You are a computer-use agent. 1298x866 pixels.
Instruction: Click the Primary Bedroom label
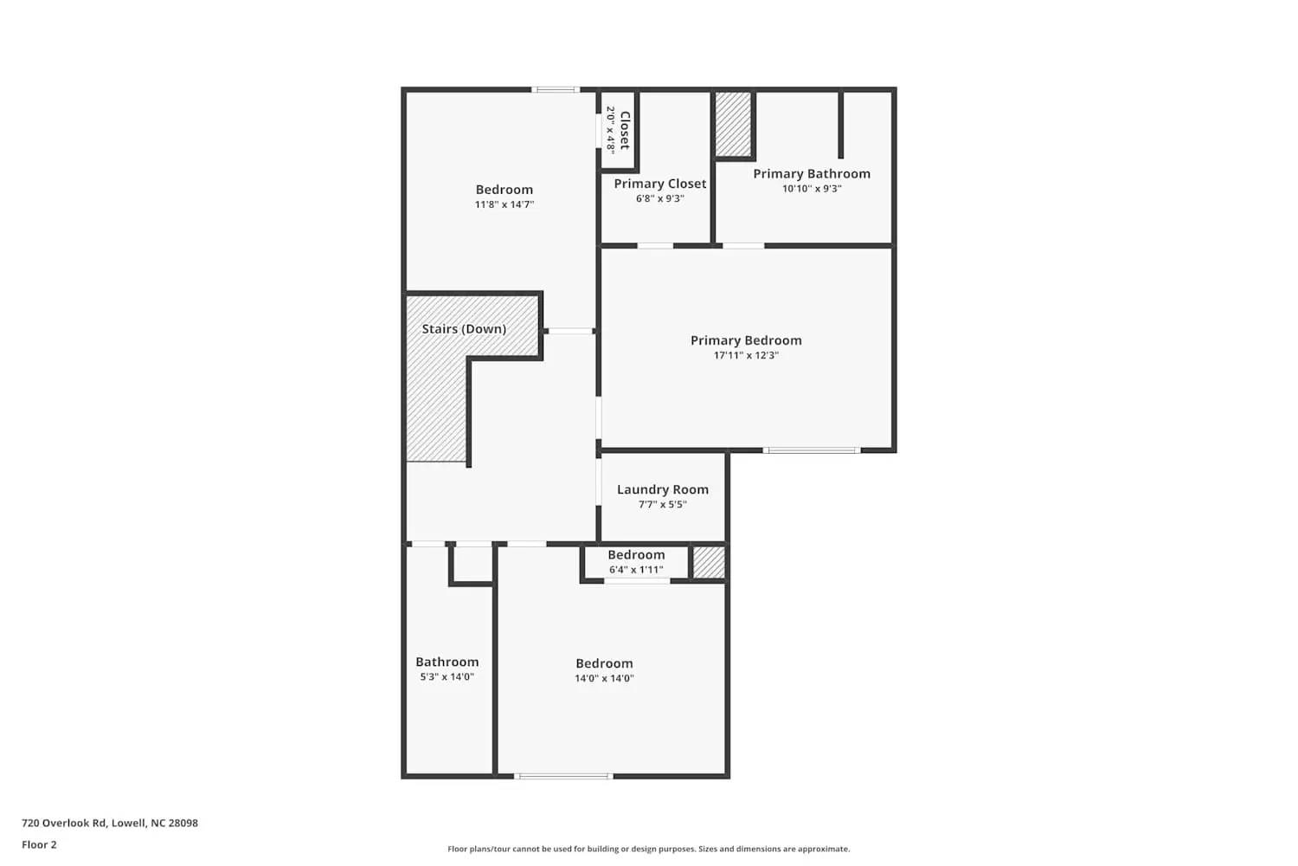[746, 340]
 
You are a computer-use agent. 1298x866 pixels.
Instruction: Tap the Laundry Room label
[663, 489]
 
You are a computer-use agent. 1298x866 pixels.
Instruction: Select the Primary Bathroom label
[812, 174]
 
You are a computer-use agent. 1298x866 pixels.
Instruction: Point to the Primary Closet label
[660, 184]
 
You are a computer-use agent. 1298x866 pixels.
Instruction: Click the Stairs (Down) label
[464, 329]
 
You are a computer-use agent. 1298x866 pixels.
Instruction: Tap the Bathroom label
[447, 662]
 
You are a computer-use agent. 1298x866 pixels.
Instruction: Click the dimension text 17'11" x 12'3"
[746, 355]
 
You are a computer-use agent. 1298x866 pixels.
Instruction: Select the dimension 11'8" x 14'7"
[504, 205]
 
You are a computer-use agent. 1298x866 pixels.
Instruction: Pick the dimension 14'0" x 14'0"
[604, 679]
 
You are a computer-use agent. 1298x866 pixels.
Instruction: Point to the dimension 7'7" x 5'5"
[663, 504]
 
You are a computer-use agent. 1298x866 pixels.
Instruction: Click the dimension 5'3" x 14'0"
[447, 677]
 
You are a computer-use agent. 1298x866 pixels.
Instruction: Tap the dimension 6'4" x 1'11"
[636, 570]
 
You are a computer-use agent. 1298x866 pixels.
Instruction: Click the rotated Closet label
[625, 130]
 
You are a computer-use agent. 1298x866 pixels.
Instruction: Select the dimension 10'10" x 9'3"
[812, 189]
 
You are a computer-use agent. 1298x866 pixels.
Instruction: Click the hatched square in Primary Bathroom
[733, 124]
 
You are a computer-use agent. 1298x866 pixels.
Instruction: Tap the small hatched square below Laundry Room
[709, 562]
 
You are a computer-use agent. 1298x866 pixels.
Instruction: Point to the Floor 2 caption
[39, 845]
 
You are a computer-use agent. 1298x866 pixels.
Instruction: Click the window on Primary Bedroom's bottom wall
[811, 450]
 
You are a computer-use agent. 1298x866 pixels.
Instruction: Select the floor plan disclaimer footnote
[648, 850]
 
